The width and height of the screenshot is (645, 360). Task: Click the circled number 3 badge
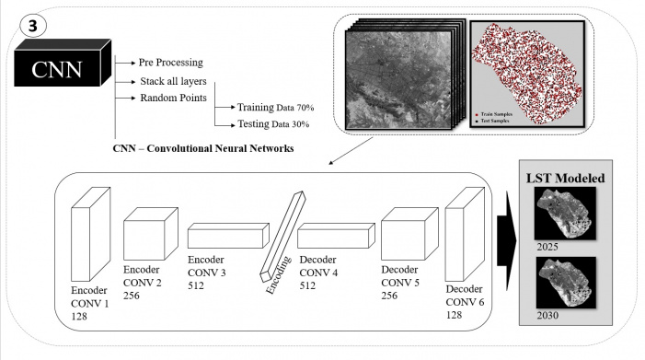pyautogui.click(x=33, y=26)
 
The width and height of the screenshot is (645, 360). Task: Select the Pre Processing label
pyautogui.click(x=171, y=63)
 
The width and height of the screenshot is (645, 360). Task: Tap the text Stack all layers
pyautogui.click(x=173, y=81)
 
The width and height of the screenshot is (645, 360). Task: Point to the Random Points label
pyautogui.click(x=173, y=98)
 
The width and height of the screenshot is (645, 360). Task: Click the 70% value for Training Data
pyautogui.click(x=305, y=108)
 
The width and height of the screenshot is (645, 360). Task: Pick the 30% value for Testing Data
pyautogui.click(x=300, y=124)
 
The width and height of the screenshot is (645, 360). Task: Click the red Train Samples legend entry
pyautogui.click(x=494, y=114)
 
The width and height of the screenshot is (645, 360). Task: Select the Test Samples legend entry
pyautogui.click(x=492, y=121)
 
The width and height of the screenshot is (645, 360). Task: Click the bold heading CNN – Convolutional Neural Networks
pyautogui.click(x=203, y=148)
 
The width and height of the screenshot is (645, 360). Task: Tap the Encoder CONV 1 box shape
pyautogui.click(x=90, y=234)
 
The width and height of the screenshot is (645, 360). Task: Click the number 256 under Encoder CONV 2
pyautogui.click(x=132, y=296)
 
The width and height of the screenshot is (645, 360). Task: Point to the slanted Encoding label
pyautogui.click(x=278, y=275)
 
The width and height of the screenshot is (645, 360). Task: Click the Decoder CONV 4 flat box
pyautogui.click(x=336, y=236)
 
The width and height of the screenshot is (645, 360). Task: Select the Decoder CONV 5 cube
pyautogui.click(x=409, y=233)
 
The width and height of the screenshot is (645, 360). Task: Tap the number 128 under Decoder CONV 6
pyautogui.click(x=455, y=315)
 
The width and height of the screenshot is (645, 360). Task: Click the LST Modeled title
pyautogui.click(x=566, y=178)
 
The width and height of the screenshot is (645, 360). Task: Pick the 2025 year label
pyautogui.click(x=547, y=247)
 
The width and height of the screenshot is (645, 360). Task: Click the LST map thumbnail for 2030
pyautogui.click(x=566, y=283)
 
